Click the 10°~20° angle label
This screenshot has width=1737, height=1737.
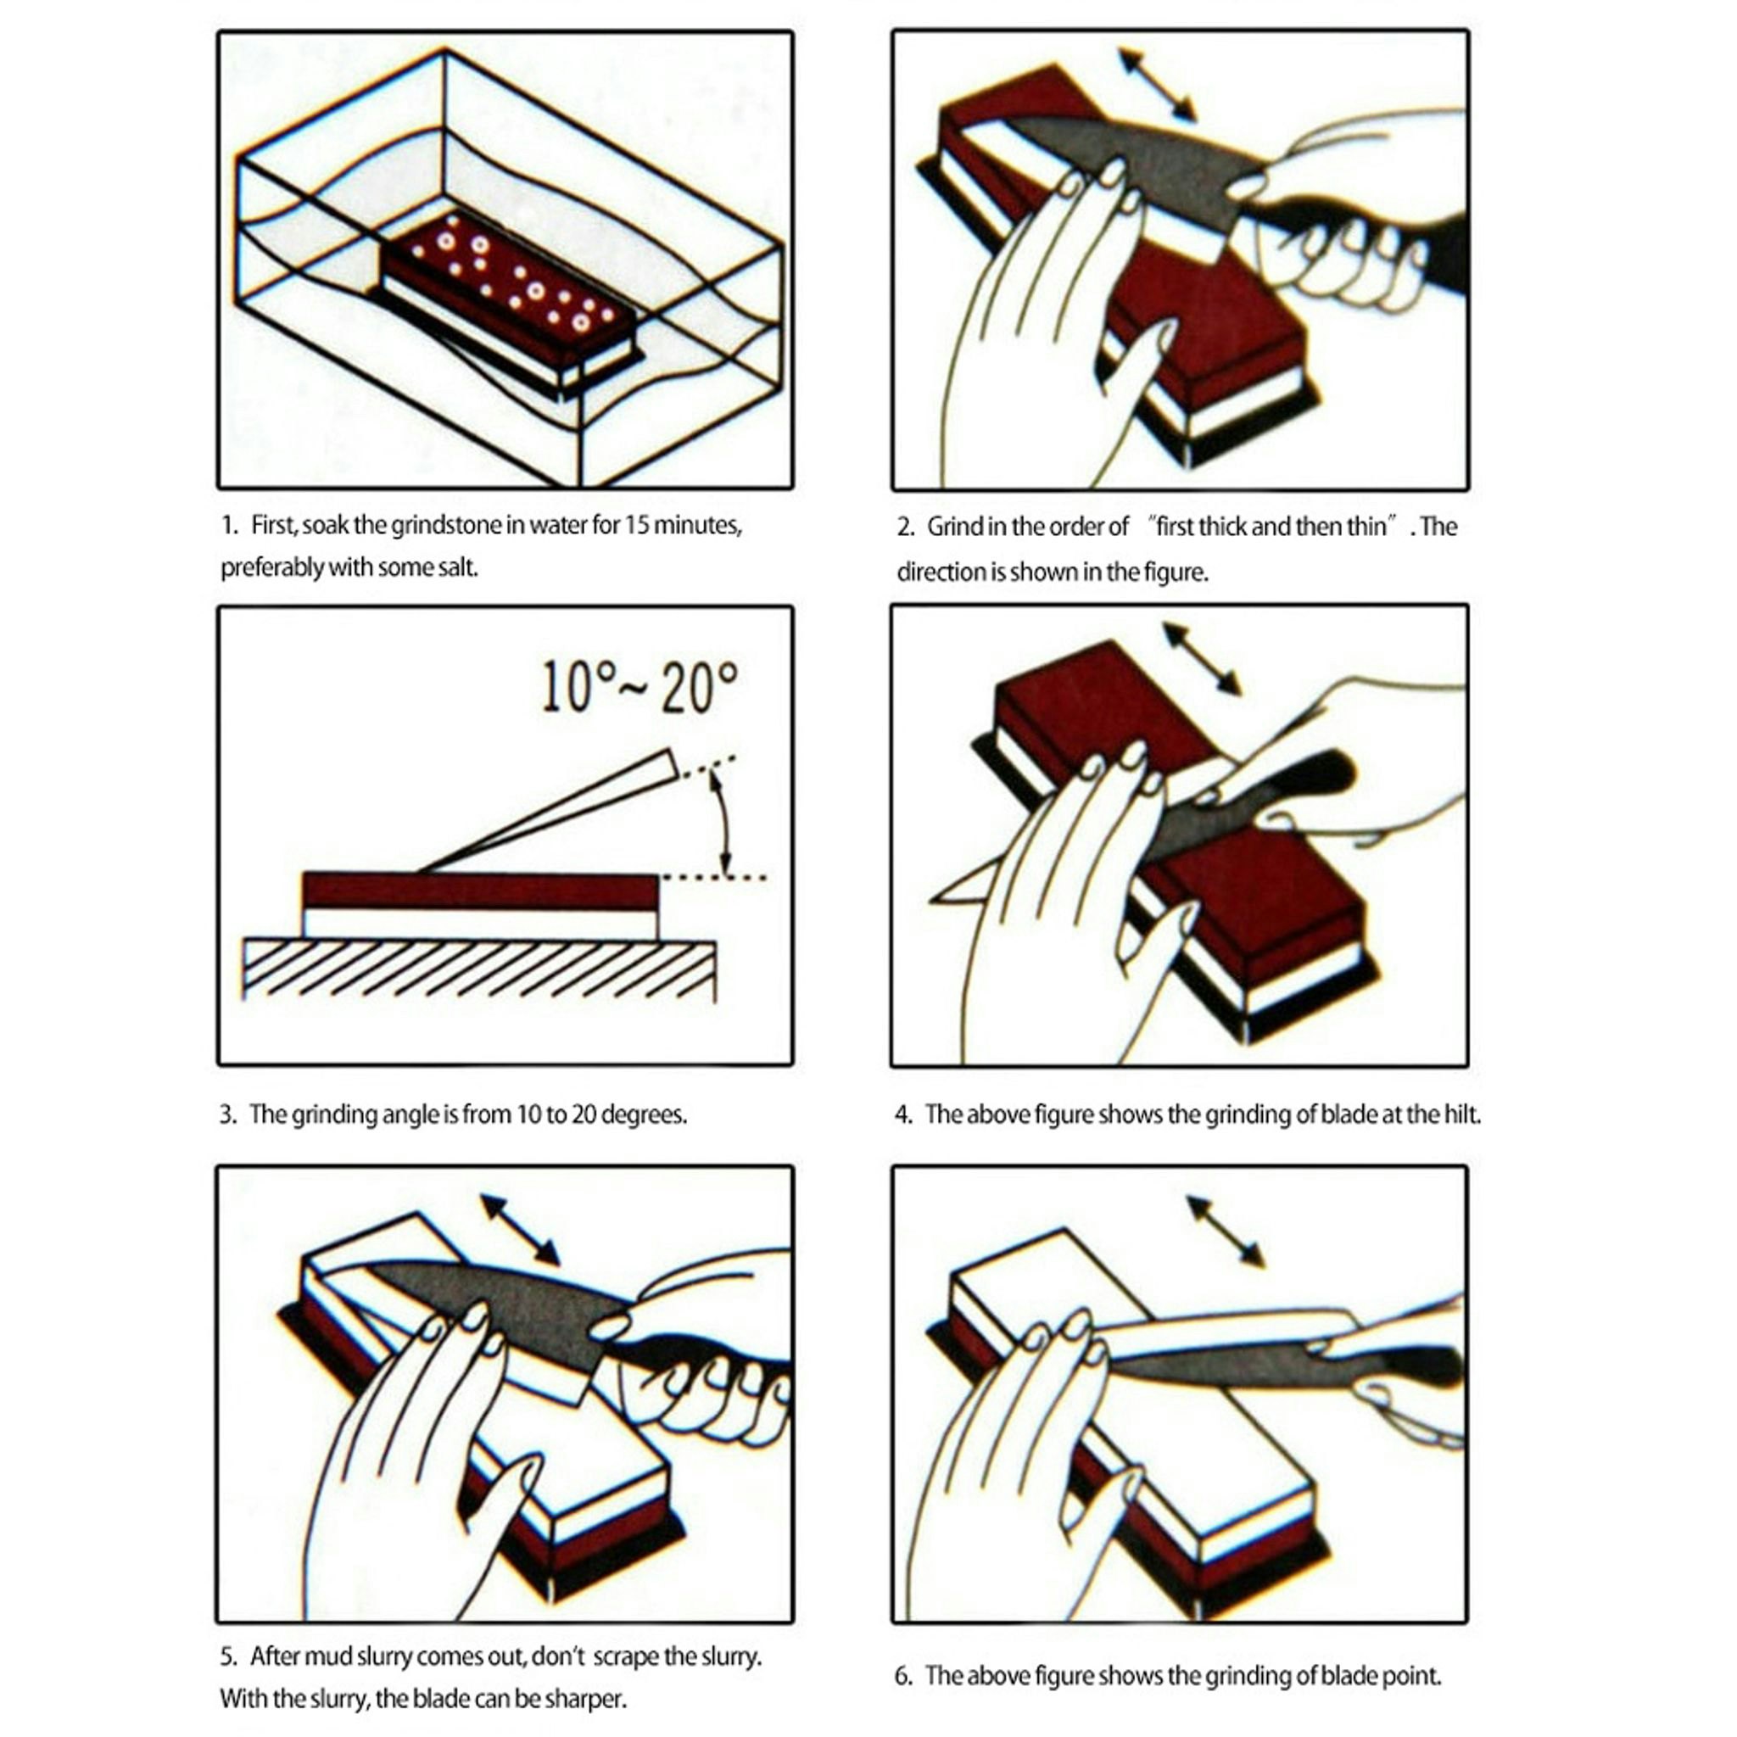[639, 688]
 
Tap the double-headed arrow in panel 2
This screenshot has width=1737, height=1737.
[1156, 86]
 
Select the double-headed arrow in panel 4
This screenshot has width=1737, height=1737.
[1202, 659]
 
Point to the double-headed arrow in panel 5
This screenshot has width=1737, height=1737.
[521, 1230]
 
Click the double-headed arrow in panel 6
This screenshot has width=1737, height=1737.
[1226, 1231]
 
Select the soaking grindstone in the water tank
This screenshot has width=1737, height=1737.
[510, 297]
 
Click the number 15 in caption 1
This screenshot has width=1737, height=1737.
[637, 525]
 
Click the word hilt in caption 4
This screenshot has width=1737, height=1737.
[1462, 1114]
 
